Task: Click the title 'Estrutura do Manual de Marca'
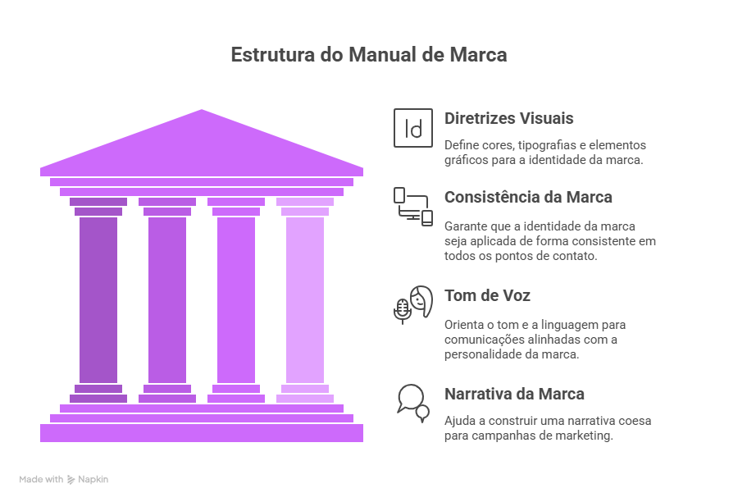pos(368,55)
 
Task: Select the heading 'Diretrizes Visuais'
pos(508,118)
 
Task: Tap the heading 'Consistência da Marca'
pos(528,197)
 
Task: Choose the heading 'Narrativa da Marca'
pos(514,394)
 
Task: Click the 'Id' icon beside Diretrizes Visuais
pos(413,128)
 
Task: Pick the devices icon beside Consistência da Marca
pos(413,207)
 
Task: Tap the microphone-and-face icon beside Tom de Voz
pos(413,304)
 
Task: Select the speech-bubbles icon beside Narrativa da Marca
pos(412,402)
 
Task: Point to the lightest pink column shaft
pos(305,299)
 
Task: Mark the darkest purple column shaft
pos(98,299)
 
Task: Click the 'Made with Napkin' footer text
pos(64,479)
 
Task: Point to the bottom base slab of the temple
pos(202,432)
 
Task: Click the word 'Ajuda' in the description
pos(460,421)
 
